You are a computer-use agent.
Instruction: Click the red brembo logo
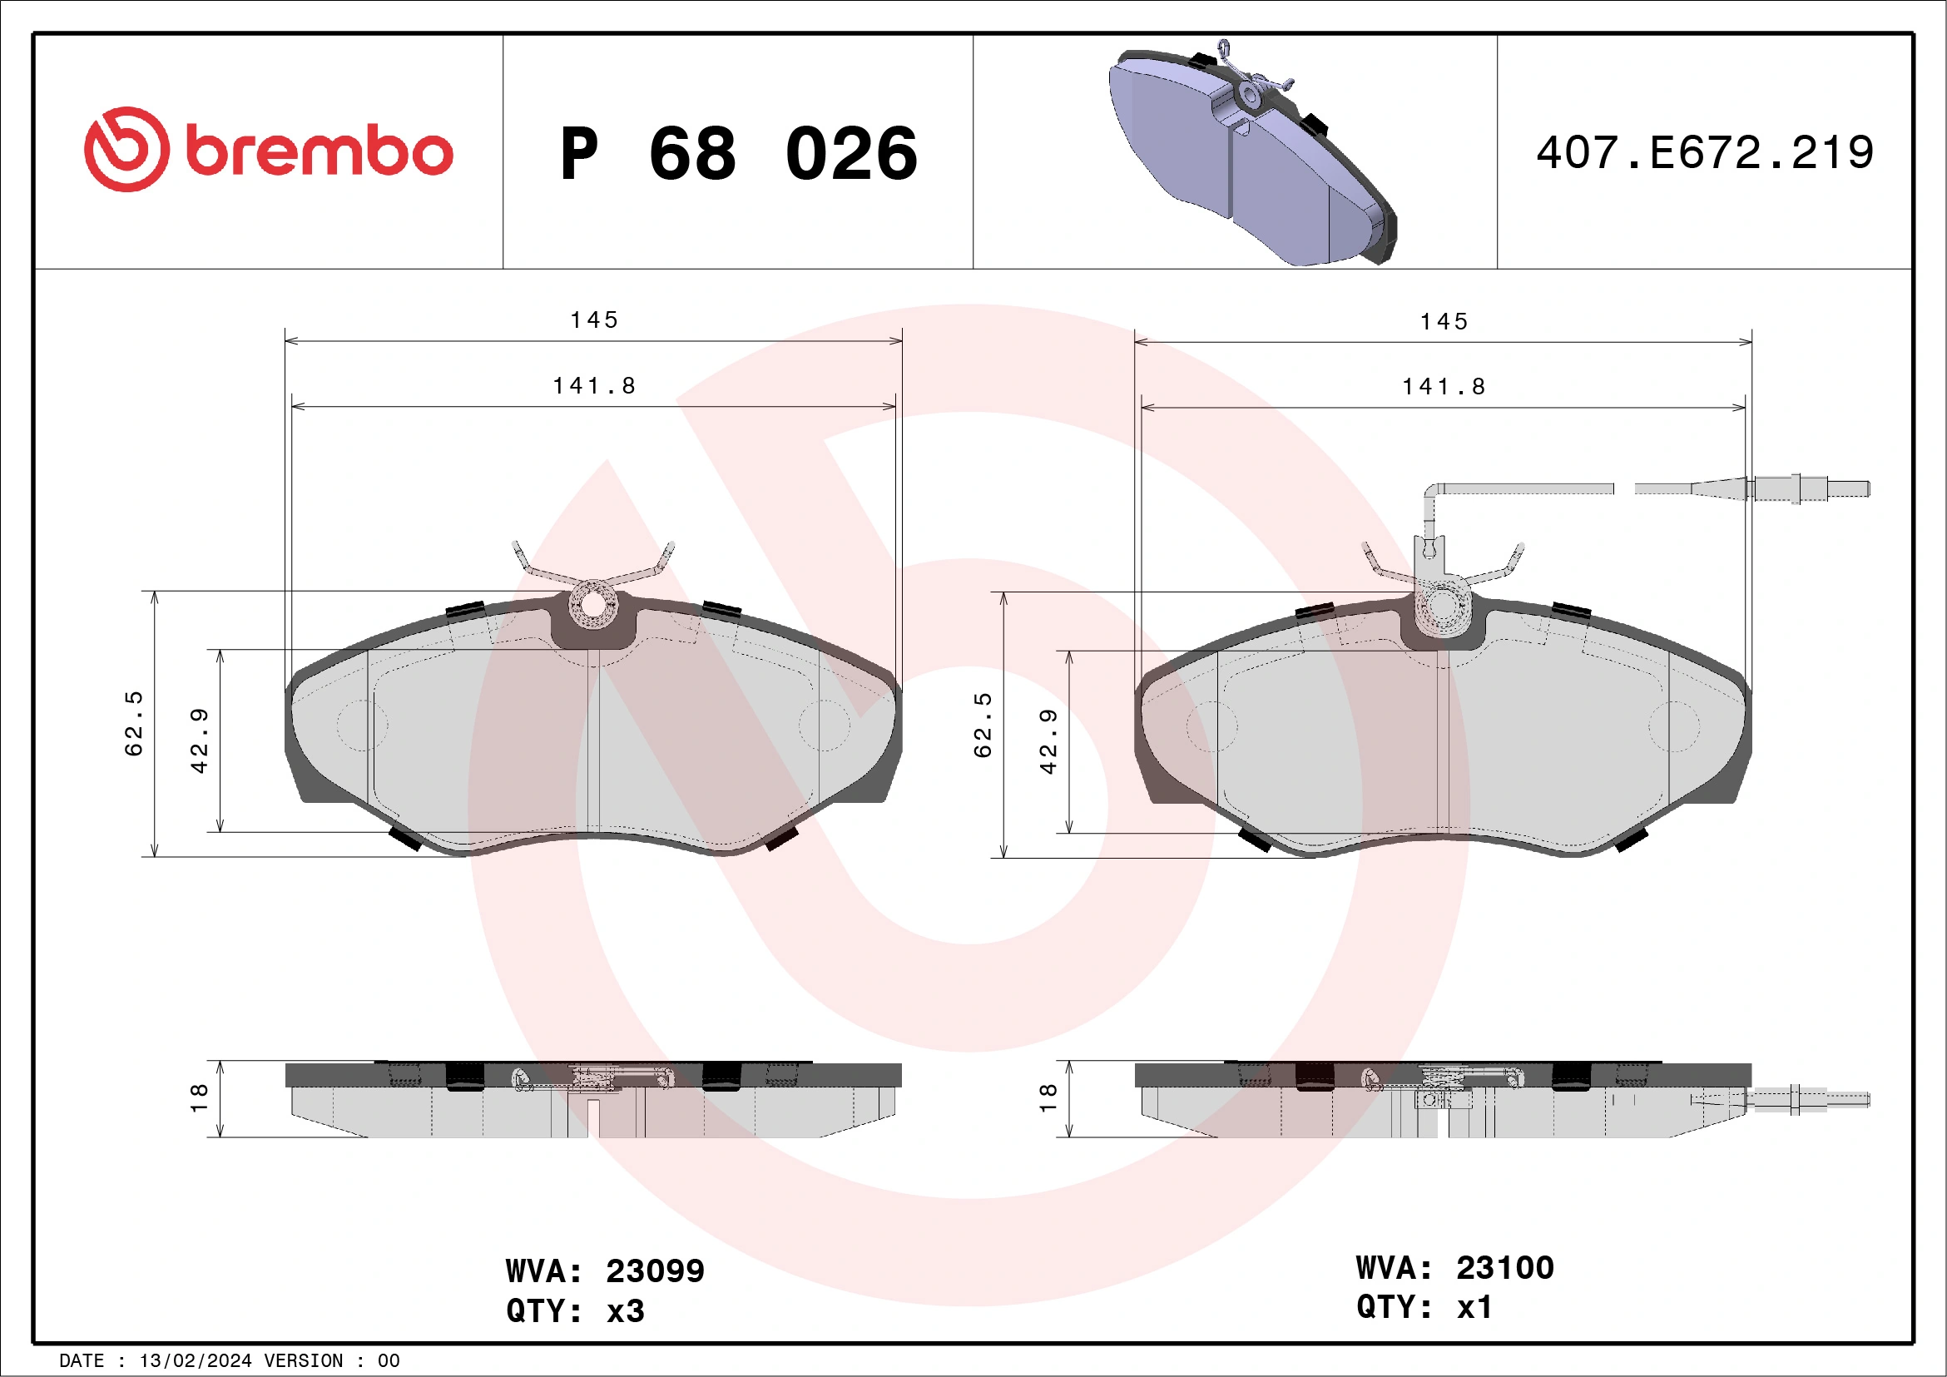point(268,150)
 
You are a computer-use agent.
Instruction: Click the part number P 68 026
point(739,154)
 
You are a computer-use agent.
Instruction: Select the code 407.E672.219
point(1705,153)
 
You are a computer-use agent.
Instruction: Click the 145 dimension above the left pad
point(593,319)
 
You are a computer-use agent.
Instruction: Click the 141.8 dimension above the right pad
point(1444,387)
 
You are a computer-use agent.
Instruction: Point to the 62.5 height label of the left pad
point(134,723)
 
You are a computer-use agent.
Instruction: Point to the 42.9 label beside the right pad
point(1048,741)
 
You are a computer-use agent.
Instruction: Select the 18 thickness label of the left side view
point(198,1098)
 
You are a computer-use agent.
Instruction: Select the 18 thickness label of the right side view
point(1048,1098)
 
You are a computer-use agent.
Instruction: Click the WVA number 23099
point(655,1271)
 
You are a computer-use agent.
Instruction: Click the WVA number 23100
point(1504,1268)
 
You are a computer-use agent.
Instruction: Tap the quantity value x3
point(626,1311)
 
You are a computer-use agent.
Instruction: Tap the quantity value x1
point(1474,1306)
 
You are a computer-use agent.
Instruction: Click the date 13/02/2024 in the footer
point(195,1361)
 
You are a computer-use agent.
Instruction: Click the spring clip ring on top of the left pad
point(592,605)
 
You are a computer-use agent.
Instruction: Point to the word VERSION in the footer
point(304,1361)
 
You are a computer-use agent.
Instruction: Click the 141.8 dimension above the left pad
point(593,386)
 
